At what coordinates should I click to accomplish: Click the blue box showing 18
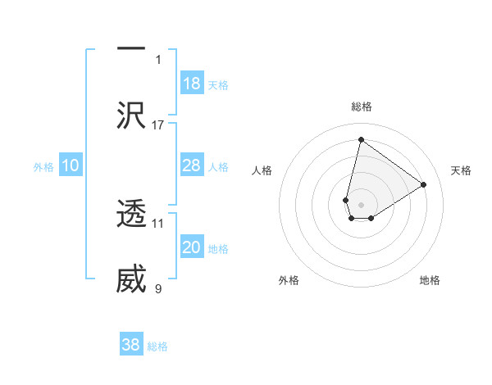(x=192, y=84)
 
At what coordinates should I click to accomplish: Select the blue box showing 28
(x=192, y=165)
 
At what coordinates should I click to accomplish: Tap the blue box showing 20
(x=192, y=247)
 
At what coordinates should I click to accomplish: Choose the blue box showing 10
(x=71, y=165)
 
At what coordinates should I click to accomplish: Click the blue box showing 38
(x=131, y=345)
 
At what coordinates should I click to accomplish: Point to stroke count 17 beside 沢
(x=158, y=125)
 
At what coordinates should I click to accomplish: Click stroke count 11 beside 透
(x=158, y=223)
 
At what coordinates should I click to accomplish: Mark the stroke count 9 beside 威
(x=158, y=288)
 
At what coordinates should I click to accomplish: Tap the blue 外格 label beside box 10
(x=43, y=167)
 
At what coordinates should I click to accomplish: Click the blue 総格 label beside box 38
(x=157, y=346)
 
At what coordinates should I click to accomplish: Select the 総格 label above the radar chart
(x=361, y=106)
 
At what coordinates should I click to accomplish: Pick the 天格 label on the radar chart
(x=461, y=170)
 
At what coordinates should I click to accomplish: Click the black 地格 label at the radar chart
(x=430, y=280)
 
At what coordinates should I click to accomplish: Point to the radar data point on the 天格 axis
(x=424, y=184)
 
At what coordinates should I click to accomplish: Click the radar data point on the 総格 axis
(x=361, y=139)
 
